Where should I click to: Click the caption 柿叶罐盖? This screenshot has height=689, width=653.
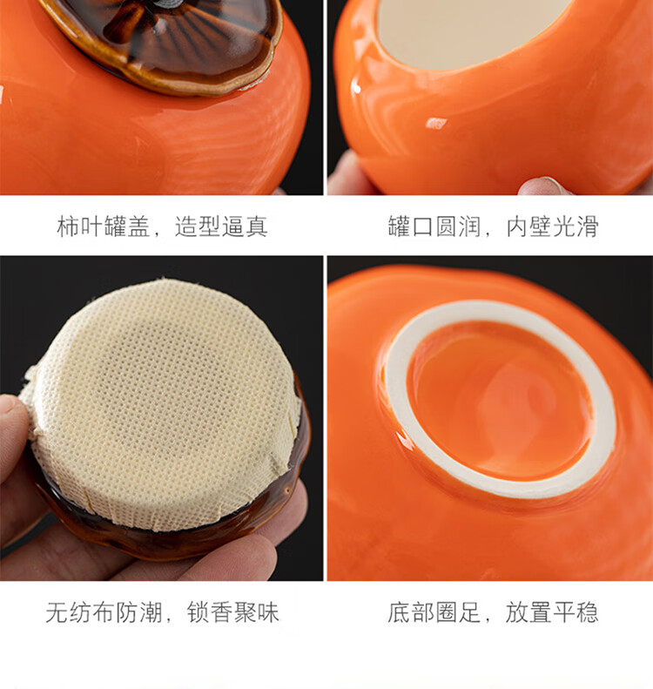point(104,226)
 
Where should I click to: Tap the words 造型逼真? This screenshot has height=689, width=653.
point(221,226)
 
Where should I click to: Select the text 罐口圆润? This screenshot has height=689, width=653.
point(434,226)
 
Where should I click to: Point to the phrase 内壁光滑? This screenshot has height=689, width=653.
point(552,226)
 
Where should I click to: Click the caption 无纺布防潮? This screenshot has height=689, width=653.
point(104,612)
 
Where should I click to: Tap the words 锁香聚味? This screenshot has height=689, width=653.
point(233,612)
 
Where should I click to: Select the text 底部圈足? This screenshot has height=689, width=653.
point(434,612)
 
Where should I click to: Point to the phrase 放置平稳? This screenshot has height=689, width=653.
point(552,612)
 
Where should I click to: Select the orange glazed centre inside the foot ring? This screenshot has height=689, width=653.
point(501,400)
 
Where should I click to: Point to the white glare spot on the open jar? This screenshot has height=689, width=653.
point(436,124)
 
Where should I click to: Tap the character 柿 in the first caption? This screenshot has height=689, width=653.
point(68,226)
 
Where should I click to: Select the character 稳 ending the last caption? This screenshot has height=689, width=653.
point(587,612)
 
